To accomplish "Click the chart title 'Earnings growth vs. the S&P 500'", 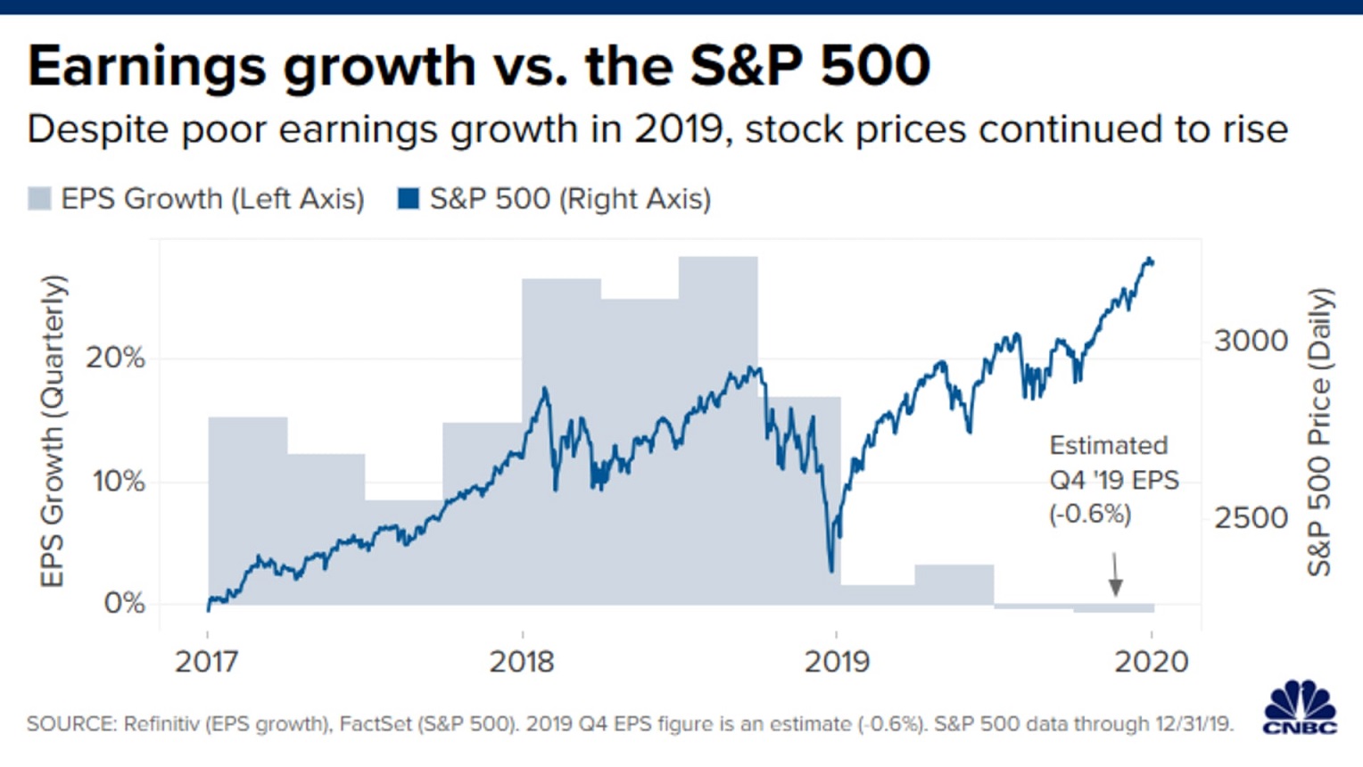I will pyautogui.click(x=479, y=66).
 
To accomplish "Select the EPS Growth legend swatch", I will pyautogui.click(x=39, y=198).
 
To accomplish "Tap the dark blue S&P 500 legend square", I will pyautogui.click(x=409, y=198).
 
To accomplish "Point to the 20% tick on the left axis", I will pyautogui.click(x=115, y=358).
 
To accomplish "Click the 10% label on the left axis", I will pyautogui.click(x=119, y=482).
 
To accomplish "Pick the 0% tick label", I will pyautogui.click(x=124, y=603).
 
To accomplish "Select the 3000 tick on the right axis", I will pyautogui.click(x=1251, y=341).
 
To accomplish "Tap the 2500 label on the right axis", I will pyautogui.click(x=1251, y=518).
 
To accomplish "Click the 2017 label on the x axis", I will pyautogui.click(x=207, y=662).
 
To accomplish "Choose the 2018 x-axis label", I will pyautogui.click(x=522, y=662).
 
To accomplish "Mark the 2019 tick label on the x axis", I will pyautogui.click(x=837, y=662).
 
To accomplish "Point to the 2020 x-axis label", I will pyautogui.click(x=1152, y=662).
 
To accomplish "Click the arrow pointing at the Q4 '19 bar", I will pyautogui.click(x=1115, y=575).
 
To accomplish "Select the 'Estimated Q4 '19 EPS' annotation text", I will pyautogui.click(x=1113, y=480).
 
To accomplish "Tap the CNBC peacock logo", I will pyautogui.click(x=1301, y=707).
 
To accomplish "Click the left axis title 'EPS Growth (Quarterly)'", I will pyautogui.click(x=53, y=431).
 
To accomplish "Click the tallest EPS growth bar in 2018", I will pyautogui.click(x=718, y=428).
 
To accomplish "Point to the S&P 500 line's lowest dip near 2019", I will pyautogui.click(x=831, y=569).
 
